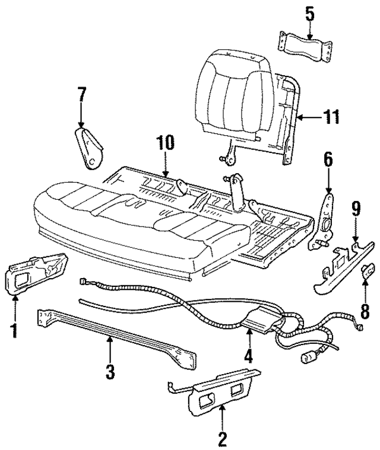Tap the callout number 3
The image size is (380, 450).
110,373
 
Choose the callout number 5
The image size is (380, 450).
309,13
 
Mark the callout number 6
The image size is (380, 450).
328,159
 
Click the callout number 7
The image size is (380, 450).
81,94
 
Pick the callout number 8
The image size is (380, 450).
365,310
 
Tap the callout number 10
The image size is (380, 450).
167,143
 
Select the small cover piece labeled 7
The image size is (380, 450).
91,148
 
